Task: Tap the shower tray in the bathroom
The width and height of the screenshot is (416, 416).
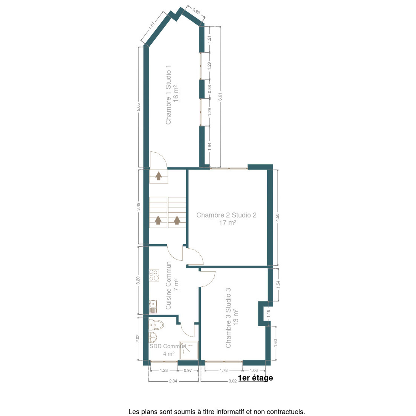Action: coord(189,351)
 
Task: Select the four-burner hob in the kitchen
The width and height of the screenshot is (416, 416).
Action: coord(154,275)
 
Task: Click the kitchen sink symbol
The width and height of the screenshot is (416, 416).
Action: coord(153,307)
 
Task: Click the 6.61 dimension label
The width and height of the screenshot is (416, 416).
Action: coord(220,96)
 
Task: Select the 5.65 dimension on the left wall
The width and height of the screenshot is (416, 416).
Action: coord(138,107)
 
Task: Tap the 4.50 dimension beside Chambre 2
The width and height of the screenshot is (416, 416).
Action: coord(277,218)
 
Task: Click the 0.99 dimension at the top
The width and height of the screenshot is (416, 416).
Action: coord(196,11)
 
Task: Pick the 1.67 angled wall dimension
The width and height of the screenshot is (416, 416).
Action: coord(152,25)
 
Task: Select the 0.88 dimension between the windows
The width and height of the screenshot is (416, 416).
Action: coord(209,89)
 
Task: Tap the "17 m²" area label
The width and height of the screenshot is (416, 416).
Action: coord(228,222)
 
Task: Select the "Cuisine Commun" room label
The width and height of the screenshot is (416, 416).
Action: coord(168,285)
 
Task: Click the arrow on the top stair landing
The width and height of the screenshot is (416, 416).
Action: coord(159,176)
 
